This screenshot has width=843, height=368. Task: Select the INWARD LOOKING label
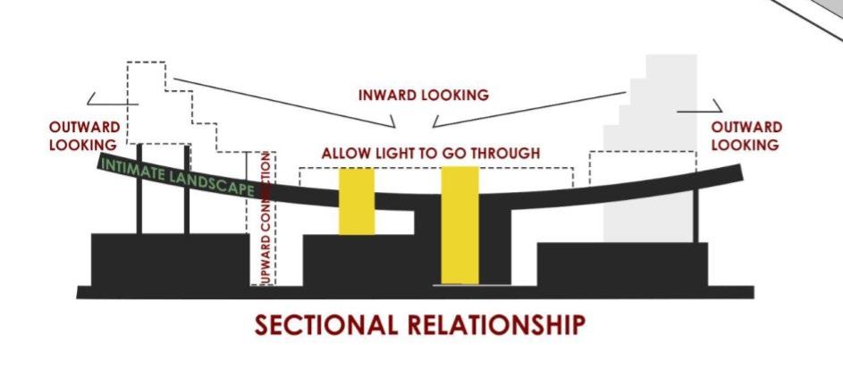point(423,95)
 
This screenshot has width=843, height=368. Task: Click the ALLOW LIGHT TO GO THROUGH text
point(430,154)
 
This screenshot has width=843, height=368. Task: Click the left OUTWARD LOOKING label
point(83,136)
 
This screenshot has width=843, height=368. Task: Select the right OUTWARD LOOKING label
point(746,136)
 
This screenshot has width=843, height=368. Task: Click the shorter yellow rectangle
point(356,201)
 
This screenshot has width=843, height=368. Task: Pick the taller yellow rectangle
point(459,223)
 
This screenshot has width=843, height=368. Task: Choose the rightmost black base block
point(621,264)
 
